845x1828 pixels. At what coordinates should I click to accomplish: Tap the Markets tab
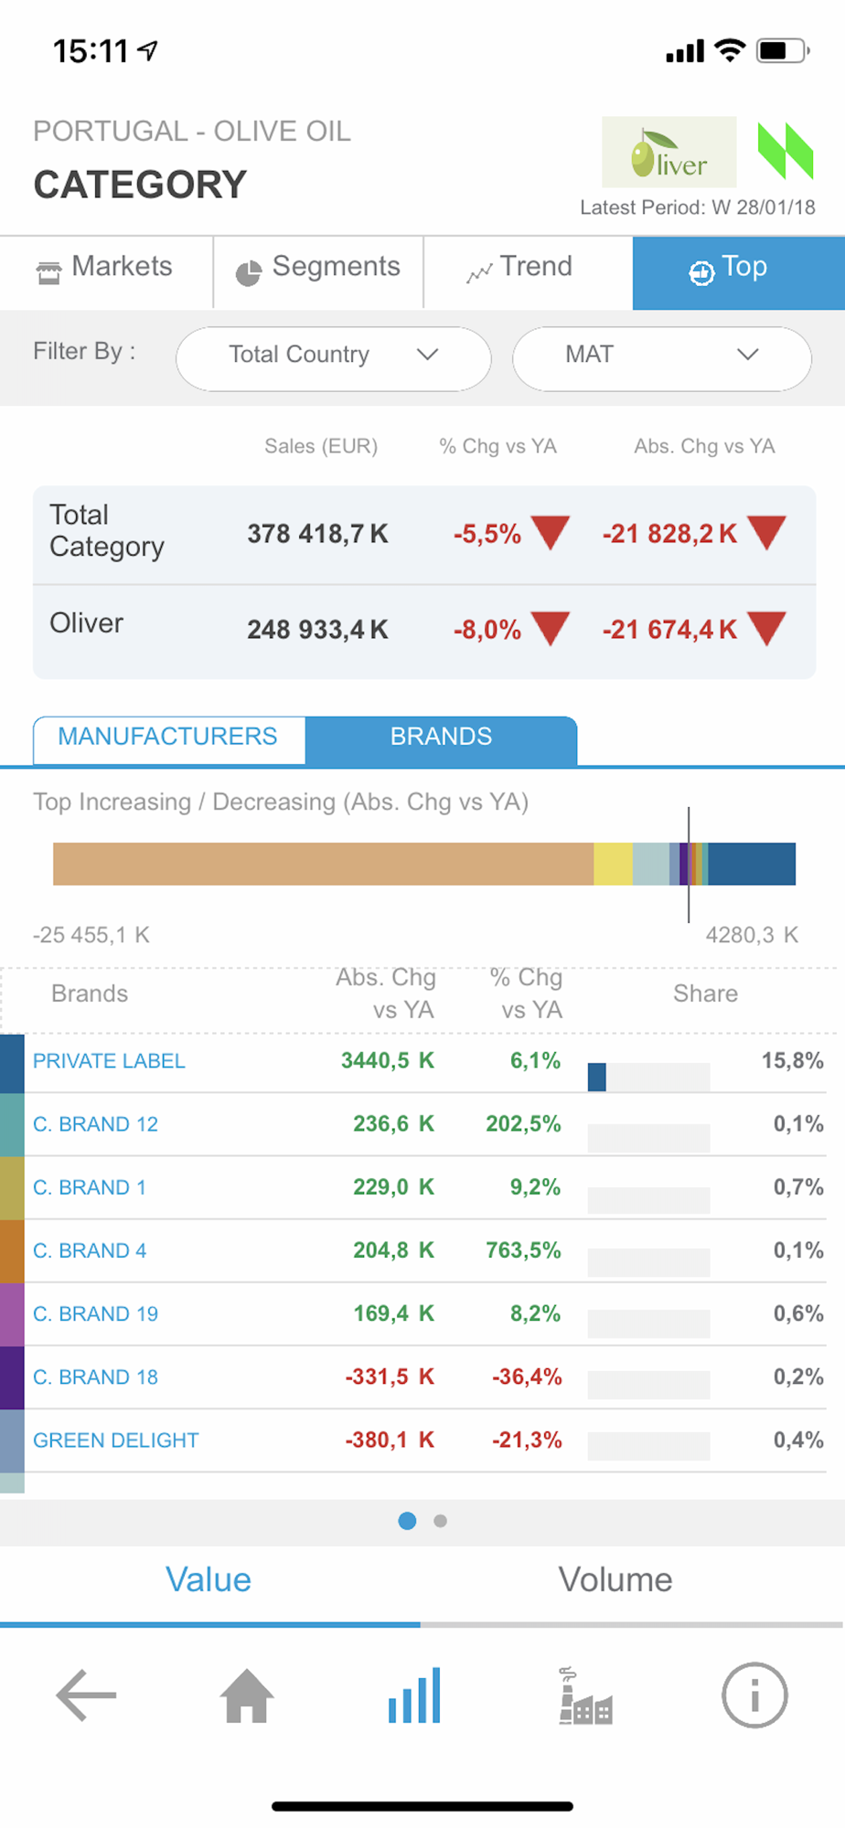pos(105,268)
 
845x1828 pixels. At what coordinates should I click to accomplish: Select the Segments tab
pos(318,268)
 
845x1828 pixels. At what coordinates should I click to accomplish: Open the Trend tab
pos(519,268)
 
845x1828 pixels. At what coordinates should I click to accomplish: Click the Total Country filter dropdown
pos(333,356)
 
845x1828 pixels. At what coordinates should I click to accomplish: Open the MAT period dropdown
pos(661,356)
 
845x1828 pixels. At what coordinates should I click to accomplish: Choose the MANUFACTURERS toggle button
pos(168,738)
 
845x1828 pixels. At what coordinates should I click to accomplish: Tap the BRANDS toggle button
pos(441,738)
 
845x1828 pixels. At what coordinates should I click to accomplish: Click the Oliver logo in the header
pos(669,153)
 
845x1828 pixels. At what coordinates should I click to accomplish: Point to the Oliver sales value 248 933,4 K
pos(317,630)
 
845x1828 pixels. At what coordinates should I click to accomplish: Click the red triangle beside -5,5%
pos(550,531)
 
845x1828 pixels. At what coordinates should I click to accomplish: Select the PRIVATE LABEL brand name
pos(109,1061)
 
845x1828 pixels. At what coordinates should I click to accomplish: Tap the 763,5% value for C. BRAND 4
pos(523,1250)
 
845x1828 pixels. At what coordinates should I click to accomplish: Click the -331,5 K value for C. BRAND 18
pos(390,1377)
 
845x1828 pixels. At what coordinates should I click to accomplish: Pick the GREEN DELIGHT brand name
pos(115,1440)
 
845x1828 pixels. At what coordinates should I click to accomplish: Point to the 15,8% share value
pos(792,1061)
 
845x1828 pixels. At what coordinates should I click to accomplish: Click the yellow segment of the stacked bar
pos(613,864)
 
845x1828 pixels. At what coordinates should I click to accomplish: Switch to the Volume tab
pos(615,1580)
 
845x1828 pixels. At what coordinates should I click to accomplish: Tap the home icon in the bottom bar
pos(247,1696)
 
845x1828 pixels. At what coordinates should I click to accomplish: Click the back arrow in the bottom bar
pos(86,1696)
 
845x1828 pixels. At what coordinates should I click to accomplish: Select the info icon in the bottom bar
pos(754,1696)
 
